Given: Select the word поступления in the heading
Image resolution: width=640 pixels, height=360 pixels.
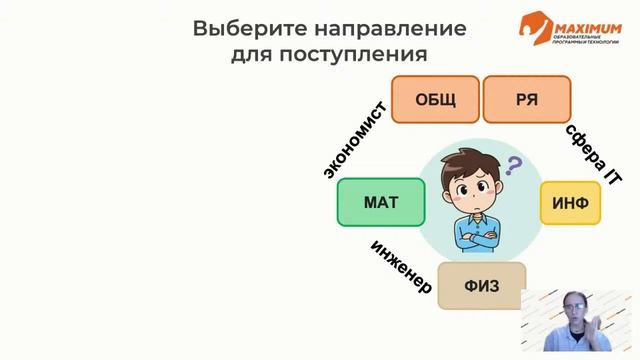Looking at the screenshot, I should click(356, 53).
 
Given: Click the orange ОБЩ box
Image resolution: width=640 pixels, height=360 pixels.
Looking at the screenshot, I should click(435, 99).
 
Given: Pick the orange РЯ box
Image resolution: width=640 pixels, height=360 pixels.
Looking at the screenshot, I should click(527, 99).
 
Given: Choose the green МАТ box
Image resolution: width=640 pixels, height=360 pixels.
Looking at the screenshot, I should click(380, 203).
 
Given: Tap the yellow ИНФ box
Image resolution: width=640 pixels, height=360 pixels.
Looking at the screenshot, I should click(570, 203).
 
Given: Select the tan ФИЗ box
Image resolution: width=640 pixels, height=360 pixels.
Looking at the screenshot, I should click(480, 285).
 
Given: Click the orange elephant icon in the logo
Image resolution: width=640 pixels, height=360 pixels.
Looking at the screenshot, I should click(532, 28).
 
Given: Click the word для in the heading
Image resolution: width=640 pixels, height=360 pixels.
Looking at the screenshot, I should click(256, 53).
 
